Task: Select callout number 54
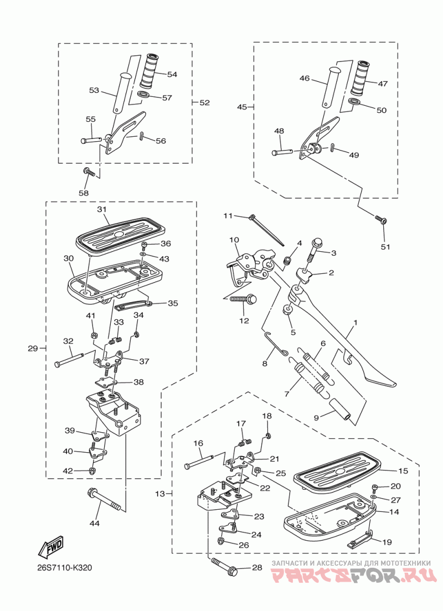pos(172,74)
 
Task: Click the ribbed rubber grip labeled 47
pos(362,79)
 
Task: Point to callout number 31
pos(101,210)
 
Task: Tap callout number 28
pos(256,567)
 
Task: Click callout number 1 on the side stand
pos(356,322)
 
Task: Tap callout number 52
pos(205,102)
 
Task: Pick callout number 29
pos(32,348)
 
